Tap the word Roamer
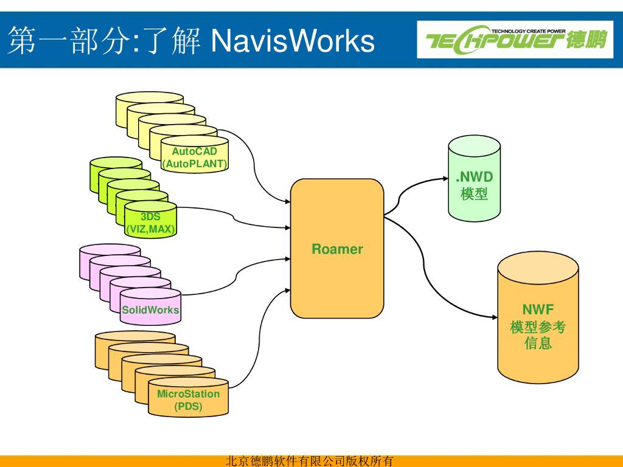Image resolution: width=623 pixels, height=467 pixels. [x=337, y=249]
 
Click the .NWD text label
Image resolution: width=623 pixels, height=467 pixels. [x=475, y=178]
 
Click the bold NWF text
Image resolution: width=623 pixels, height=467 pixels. [x=538, y=310]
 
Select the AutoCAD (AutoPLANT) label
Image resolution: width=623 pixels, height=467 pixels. [x=194, y=157]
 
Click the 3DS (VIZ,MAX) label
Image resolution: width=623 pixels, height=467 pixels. [x=150, y=223]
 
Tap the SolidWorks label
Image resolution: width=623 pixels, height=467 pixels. [x=150, y=310]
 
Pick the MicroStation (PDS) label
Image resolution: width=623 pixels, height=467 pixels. [x=188, y=400]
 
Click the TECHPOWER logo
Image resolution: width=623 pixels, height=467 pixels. [x=515, y=40]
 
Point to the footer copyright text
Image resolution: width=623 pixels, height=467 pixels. [x=310, y=461]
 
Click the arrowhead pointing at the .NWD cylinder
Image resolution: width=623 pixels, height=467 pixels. [x=445, y=179]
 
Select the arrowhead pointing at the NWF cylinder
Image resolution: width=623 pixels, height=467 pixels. [x=495, y=317]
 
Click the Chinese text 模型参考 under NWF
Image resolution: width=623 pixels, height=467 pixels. [x=538, y=327]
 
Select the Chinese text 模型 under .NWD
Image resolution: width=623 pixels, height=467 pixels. [x=475, y=194]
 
